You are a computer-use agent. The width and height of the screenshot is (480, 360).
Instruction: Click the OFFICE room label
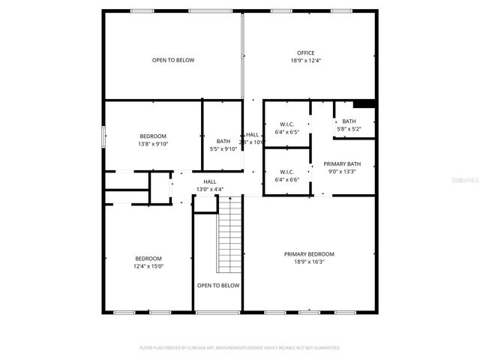point(305,52)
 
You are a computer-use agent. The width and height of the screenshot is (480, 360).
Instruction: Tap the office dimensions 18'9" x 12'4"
point(305,61)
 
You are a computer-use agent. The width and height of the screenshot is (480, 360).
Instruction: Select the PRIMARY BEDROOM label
point(309,254)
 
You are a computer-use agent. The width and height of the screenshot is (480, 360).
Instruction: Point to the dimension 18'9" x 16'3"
point(309,262)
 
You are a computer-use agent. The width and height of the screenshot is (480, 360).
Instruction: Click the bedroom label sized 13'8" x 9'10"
point(152,136)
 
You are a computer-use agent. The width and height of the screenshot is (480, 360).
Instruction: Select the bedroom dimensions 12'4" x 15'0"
point(148,266)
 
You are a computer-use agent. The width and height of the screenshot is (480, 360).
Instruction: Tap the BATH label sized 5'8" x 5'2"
point(349,121)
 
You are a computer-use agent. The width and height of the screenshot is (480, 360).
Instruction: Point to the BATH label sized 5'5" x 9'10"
point(223,141)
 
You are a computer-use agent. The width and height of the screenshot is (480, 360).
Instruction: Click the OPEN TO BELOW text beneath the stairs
point(218,286)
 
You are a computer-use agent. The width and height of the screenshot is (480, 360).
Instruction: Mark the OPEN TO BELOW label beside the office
point(173,60)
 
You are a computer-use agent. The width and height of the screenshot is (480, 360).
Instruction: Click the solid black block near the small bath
point(364,104)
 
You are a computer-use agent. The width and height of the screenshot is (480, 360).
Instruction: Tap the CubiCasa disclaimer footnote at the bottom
point(240,348)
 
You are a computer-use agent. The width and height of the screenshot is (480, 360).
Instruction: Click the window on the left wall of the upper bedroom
point(103,136)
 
